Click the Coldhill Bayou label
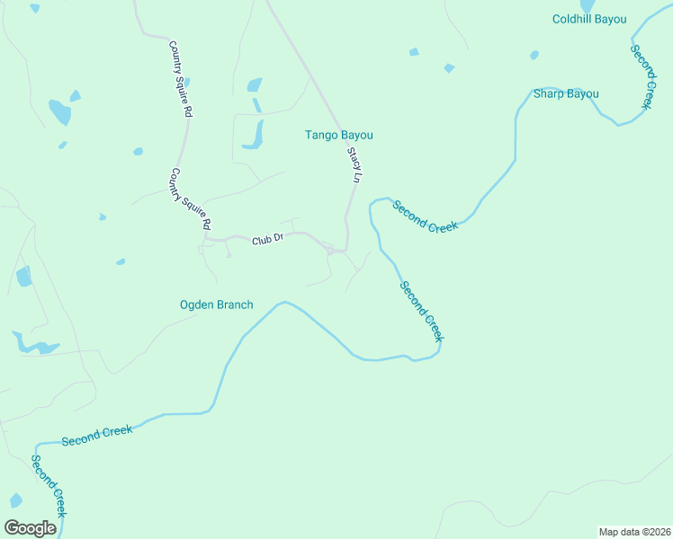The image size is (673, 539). pos(590,18)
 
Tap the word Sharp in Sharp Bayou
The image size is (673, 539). pos(548,93)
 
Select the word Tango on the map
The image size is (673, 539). pos(321,135)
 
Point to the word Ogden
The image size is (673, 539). pos(198,305)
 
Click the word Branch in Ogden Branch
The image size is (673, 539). pos(236,305)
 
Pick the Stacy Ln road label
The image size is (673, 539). pos(354,166)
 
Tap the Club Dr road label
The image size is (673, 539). pos(267,240)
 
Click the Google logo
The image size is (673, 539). pos(30,527)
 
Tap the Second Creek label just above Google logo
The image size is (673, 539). pos(49,485)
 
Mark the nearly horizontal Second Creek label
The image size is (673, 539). pos(97,436)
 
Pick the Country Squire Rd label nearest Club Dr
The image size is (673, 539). pos(191,199)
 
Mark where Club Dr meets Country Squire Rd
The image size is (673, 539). pos(206,239)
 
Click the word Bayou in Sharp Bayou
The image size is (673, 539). pos(582,93)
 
